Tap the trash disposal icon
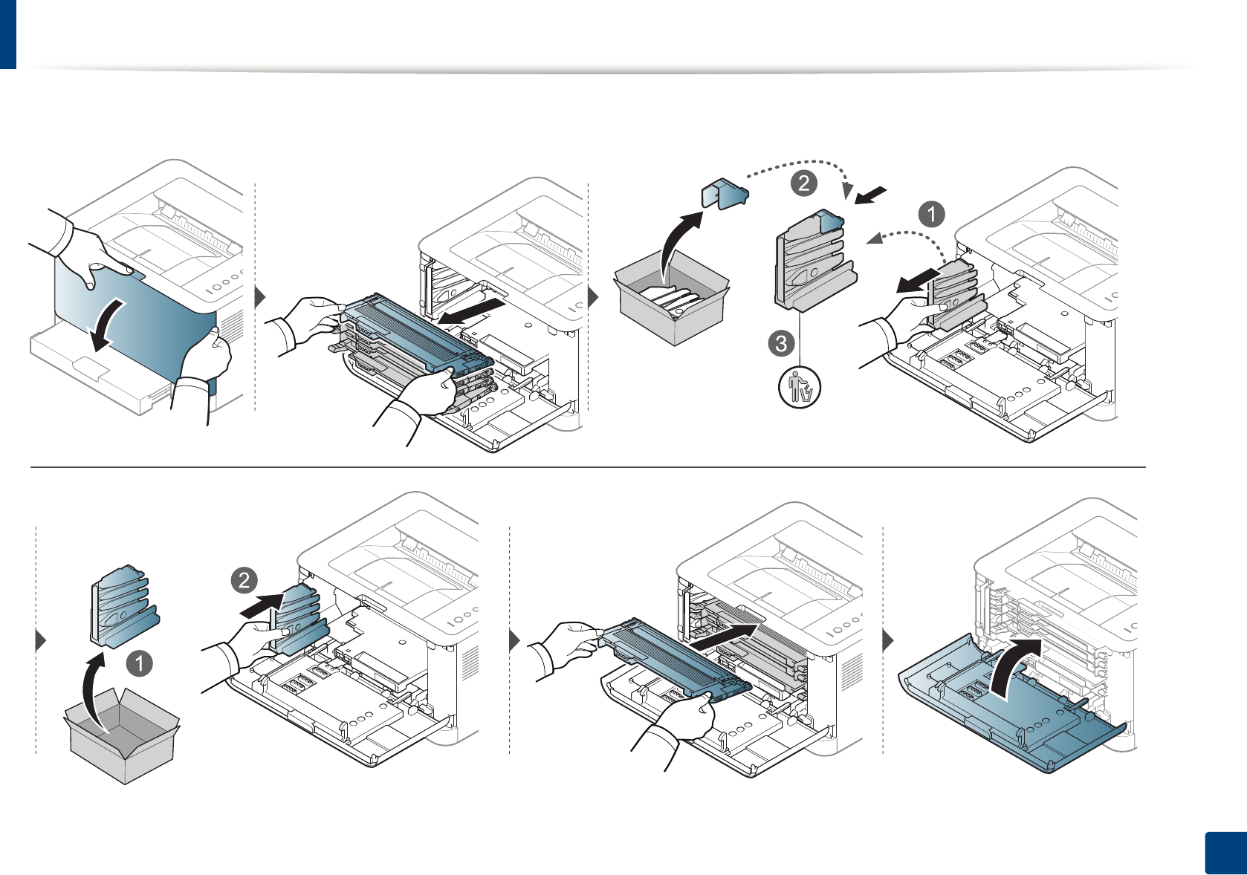pos(800,387)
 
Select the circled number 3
pos(781,343)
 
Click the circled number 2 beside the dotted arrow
pos(803,183)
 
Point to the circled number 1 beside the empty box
pos(139,663)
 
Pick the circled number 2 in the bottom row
pos(244,580)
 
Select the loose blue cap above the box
pos(725,193)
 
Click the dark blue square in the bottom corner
pos(1225,853)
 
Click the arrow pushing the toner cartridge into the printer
pos(725,637)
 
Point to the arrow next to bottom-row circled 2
pos(262,604)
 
